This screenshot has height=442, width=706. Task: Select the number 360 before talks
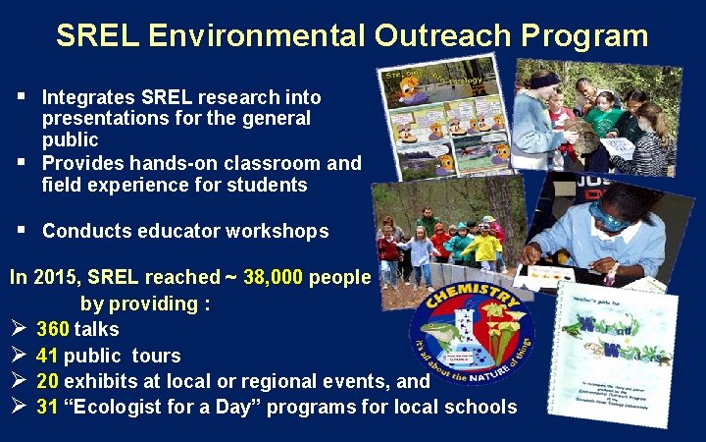click(x=52, y=329)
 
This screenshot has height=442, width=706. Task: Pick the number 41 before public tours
click(x=47, y=355)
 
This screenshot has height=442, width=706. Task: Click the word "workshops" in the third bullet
click(x=277, y=231)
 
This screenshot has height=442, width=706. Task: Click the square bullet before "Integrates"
click(x=21, y=97)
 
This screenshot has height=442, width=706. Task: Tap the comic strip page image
click(x=441, y=118)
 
